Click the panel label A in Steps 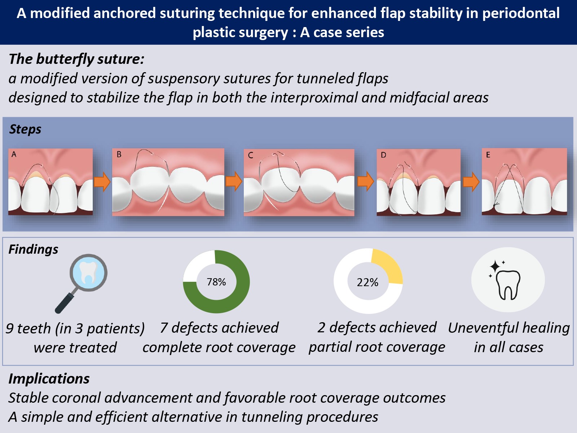[14, 154]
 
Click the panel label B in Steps [119, 154]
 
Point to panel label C [251, 156]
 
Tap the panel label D [383, 155]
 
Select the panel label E [488, 155]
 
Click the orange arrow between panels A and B [102, 181]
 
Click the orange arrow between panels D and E [471, 181]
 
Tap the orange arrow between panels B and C [234, 181]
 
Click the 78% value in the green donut [216, 282]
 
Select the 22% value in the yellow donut [367, 282]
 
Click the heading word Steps [25, 129]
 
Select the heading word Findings [33, 249]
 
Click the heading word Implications [49, 379]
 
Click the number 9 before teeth [10, 329]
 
